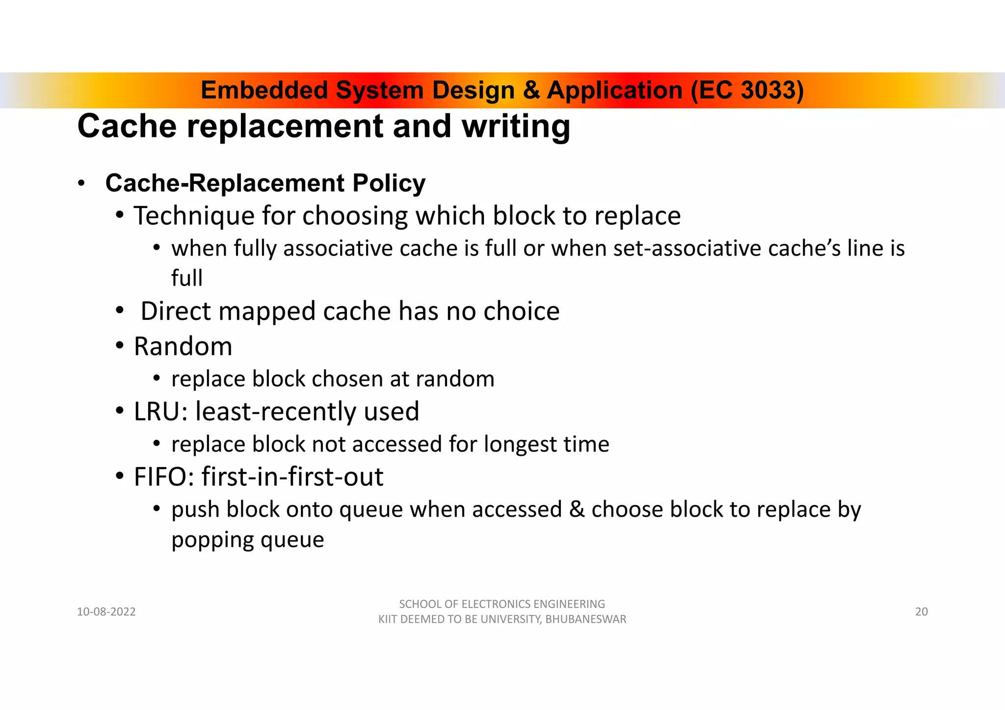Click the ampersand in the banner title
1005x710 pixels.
coord(531,90)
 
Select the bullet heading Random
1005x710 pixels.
coord(183,346)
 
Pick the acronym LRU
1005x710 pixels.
coord(157,411)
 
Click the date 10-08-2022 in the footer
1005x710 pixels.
coord(106,612)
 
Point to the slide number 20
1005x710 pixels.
coord(922,612)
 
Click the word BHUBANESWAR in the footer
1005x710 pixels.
coord(586,620)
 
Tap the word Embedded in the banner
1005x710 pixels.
coord(264,90)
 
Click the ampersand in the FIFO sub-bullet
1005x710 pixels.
coord(576,510)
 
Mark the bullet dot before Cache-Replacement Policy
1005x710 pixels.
coord(81,184)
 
